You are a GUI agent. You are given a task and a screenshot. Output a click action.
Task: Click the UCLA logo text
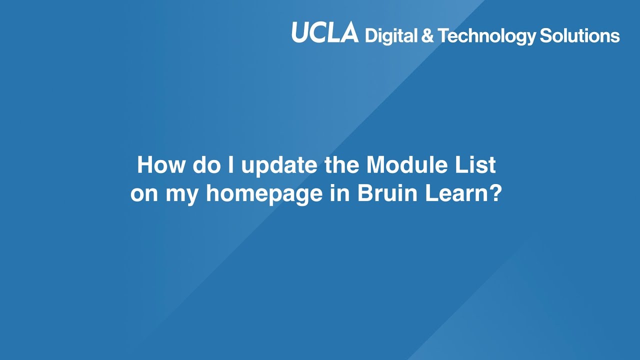click(325, 33)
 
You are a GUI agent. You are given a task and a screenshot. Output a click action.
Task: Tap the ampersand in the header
click(427, 36)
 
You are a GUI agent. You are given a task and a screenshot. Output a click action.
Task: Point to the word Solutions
click(579, 36)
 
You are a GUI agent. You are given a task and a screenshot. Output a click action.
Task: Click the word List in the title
click(478, 165)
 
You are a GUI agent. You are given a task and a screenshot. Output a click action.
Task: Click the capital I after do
click(231, 165)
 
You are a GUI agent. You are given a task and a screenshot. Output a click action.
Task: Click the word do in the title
click(205, 165)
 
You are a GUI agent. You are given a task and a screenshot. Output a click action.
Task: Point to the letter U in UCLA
click(301, 33)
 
